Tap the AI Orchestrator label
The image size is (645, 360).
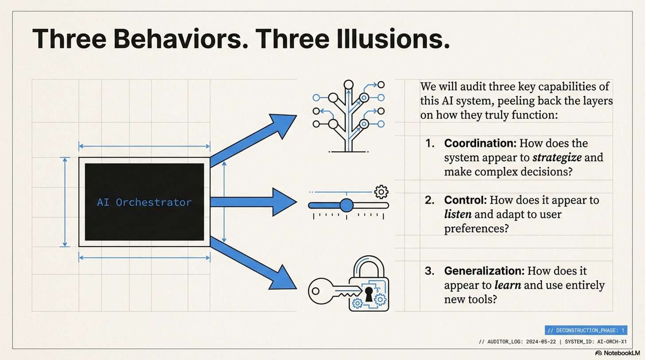click(144, 202)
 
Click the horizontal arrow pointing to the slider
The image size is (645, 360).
click(253, 202)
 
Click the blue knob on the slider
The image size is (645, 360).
click(346, 205)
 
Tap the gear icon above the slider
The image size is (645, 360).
click(381, 192)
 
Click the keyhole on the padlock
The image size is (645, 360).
click(369, 294)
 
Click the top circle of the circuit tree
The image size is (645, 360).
click(348, 85)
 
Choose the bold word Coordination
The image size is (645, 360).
click(480, 143)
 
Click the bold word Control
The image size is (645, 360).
click(465, 200)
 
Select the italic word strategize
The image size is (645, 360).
click(557, 158)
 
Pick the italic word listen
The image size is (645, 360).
click(458, 214)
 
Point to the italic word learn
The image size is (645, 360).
click(508, 285)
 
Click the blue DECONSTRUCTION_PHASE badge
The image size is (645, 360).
click(586, 330)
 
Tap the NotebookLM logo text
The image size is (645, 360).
click(622, 353)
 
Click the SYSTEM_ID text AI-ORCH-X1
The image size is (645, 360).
click(612, 341)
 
